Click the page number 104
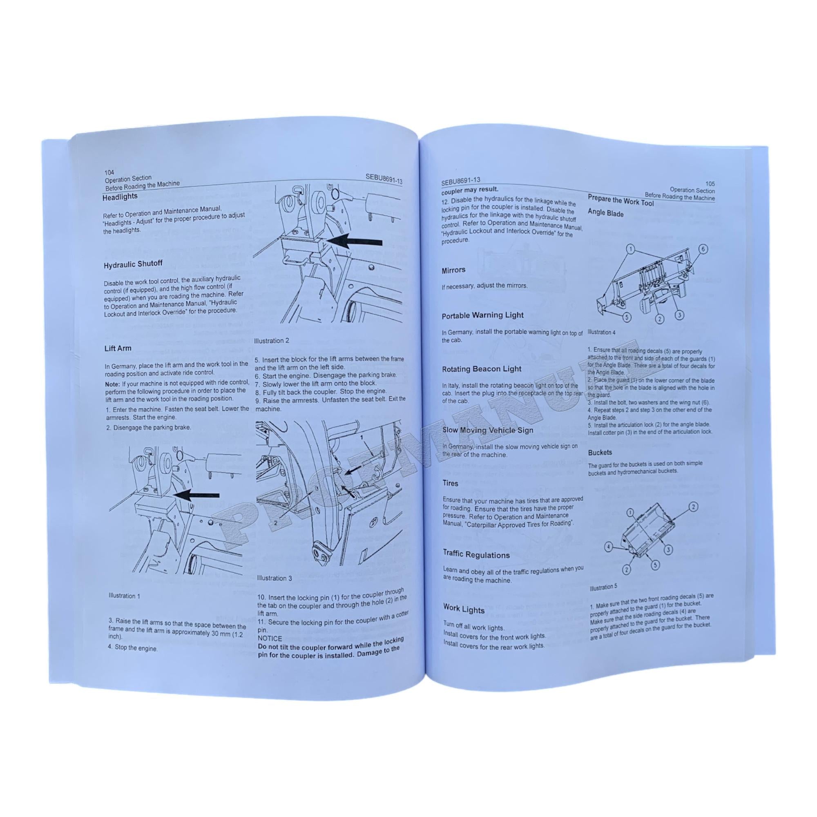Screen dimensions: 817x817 click(109, 172)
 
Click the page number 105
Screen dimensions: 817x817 click(710, 183)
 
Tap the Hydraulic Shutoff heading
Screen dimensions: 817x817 click(133, 265)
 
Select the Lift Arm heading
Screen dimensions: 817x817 click(118, 348)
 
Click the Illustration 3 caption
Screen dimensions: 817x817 click(274, 578)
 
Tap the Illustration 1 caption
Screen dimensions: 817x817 click(124, 596)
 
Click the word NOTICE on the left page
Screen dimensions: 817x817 click(270, 638)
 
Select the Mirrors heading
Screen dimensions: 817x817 click(453, 270)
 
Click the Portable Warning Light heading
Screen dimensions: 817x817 click(482, 315)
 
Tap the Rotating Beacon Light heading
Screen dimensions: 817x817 click(481, 369)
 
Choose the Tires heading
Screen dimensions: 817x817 click(450, 483)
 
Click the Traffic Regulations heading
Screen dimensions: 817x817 click(476, 554)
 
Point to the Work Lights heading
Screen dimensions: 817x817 click(464, 609)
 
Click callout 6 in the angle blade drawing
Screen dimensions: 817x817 click(703, 249)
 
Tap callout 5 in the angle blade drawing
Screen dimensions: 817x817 click(626, 317)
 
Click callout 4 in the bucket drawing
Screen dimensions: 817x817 click(608, 547)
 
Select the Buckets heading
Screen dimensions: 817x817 click(600, 453)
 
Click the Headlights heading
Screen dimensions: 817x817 click(120, 196)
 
